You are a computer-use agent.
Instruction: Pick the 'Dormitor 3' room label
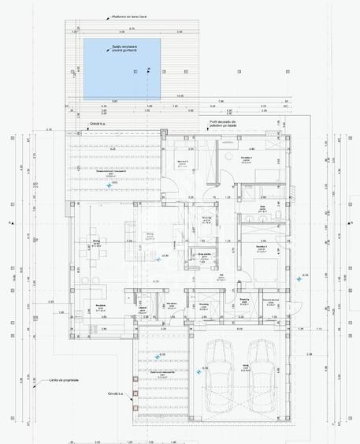pos(262,246)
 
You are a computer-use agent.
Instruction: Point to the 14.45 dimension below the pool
pos(180,96)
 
